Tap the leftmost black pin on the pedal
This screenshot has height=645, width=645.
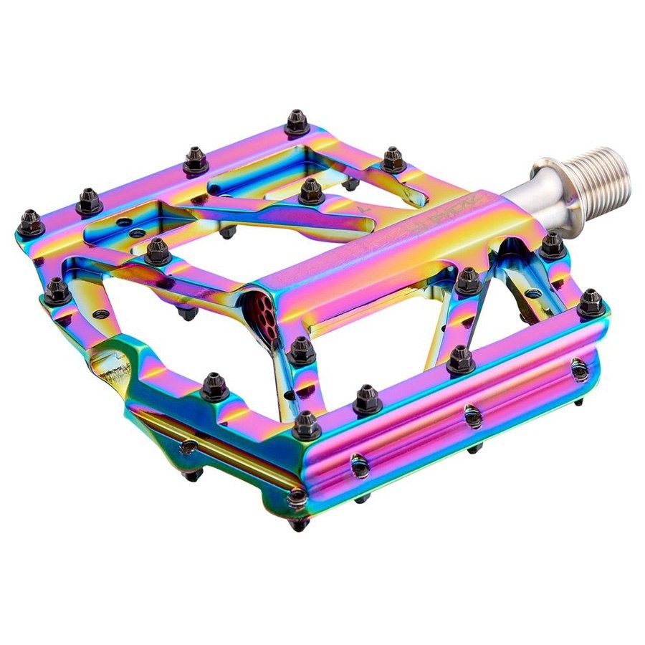tap(30, 224)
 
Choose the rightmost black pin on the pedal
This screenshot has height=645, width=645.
tap(591, 303)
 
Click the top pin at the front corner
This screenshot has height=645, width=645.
tap(306, 425)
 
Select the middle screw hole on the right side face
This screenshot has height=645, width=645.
tap(472, 416)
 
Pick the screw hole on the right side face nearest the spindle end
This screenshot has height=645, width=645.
tap(579, 370)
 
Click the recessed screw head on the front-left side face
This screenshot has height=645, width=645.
tap(188, 447)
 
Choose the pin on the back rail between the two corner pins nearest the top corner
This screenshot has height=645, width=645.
tap(196, 161)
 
